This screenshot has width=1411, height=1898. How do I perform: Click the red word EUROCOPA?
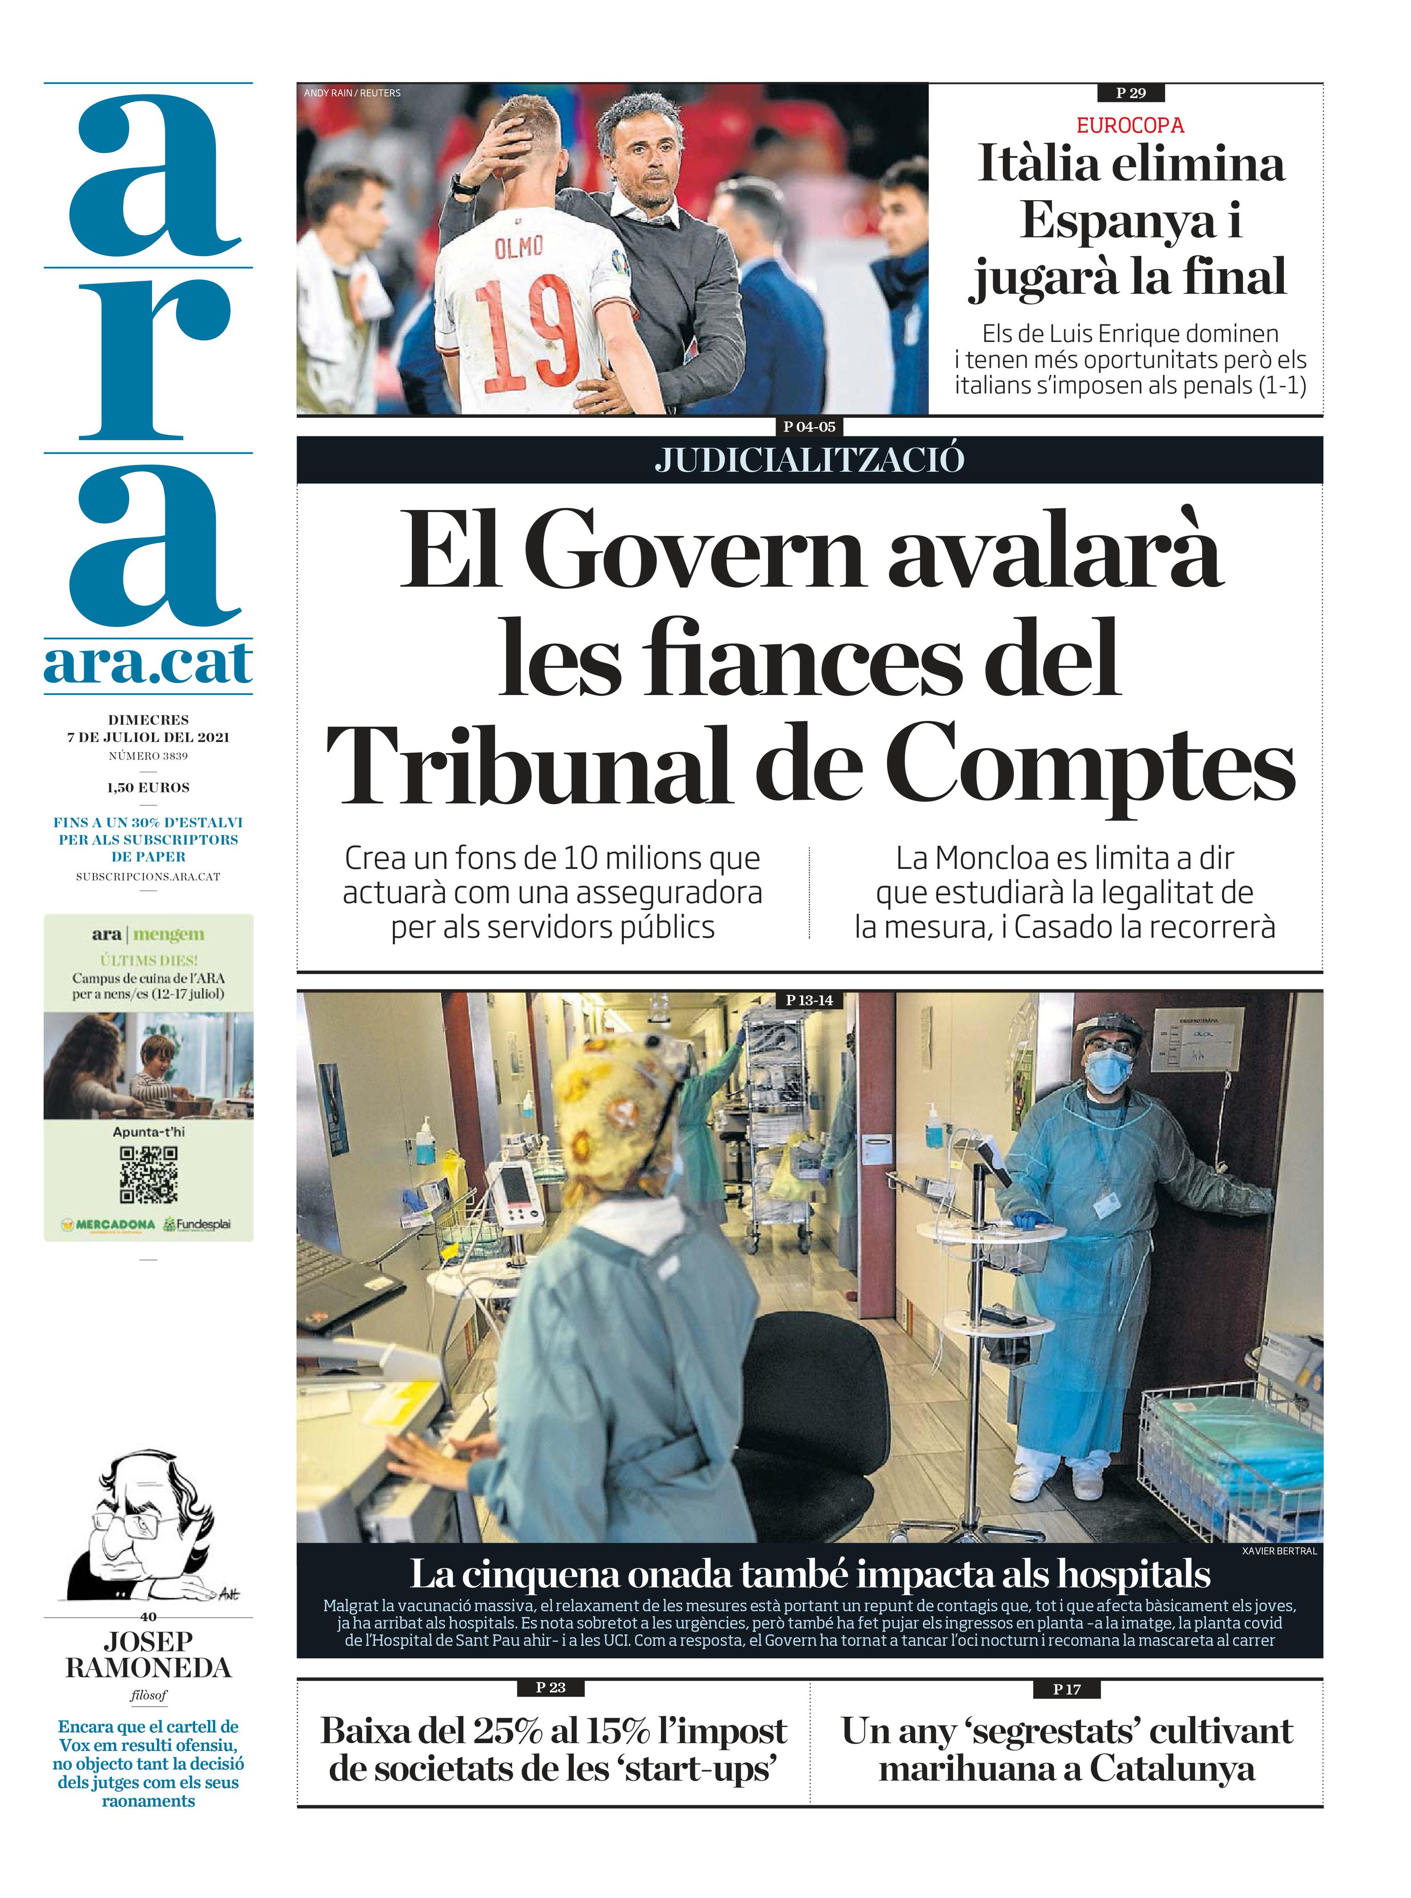tap(1129, 126)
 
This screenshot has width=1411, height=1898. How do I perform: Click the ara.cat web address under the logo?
tap(149, 664)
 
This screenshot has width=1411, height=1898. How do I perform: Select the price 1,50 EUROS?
tap(149, 788)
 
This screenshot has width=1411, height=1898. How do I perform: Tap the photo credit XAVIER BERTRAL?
tap(1279, 1550)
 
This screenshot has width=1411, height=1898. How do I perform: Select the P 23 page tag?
tap(551, 1687)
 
